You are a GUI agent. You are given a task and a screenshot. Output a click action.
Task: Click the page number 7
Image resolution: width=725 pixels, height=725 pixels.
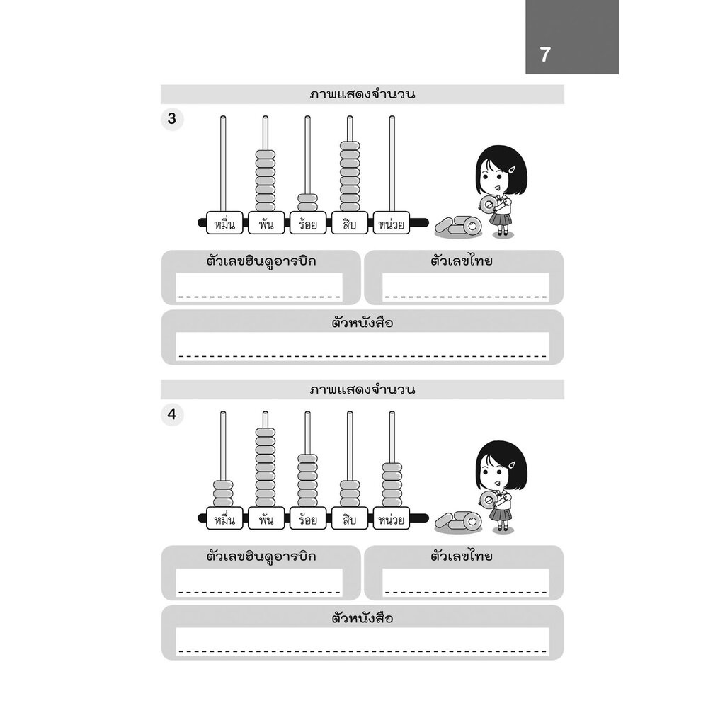tap(544, 55)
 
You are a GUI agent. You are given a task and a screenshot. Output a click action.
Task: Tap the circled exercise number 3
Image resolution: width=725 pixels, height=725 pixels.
tap(171, 119)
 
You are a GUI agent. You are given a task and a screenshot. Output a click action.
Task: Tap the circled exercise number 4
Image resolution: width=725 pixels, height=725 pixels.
tap(171, 414)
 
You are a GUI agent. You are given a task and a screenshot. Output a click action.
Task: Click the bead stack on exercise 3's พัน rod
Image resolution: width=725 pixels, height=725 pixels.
tap(266, 181)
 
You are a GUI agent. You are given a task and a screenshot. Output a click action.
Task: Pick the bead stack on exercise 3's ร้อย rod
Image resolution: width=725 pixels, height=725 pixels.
tap(307, 202)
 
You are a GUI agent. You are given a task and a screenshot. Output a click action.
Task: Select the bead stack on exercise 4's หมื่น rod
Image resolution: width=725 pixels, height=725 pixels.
tap(224, 493)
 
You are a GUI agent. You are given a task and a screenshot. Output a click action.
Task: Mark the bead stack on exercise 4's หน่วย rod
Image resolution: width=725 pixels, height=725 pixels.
tap(392, 484)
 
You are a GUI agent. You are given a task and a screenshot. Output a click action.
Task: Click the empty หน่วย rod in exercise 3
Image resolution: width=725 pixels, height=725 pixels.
tap(392, 163)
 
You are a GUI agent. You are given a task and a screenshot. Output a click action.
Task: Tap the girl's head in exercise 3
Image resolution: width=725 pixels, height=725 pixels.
tap(501, 170)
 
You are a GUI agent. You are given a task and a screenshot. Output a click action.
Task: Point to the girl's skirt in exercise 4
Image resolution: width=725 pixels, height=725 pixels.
tap(501, 516)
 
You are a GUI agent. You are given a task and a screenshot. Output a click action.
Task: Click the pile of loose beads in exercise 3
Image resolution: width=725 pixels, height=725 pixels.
tap(458, 226)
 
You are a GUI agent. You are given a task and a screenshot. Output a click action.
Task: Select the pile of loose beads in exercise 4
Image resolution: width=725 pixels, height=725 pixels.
tap(458, 521)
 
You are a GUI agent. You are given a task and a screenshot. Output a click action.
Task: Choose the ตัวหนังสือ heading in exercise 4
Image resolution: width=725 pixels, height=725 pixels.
tap(362, 618)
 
